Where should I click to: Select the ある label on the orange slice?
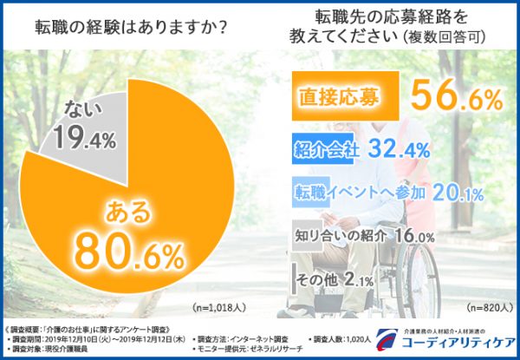(x=127, y=210)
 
